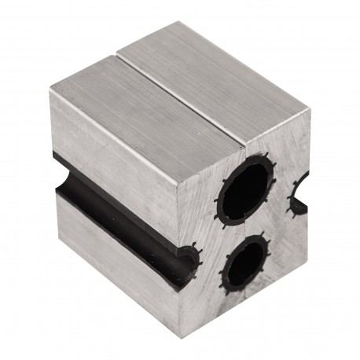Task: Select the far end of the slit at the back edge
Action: pos(119,53)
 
